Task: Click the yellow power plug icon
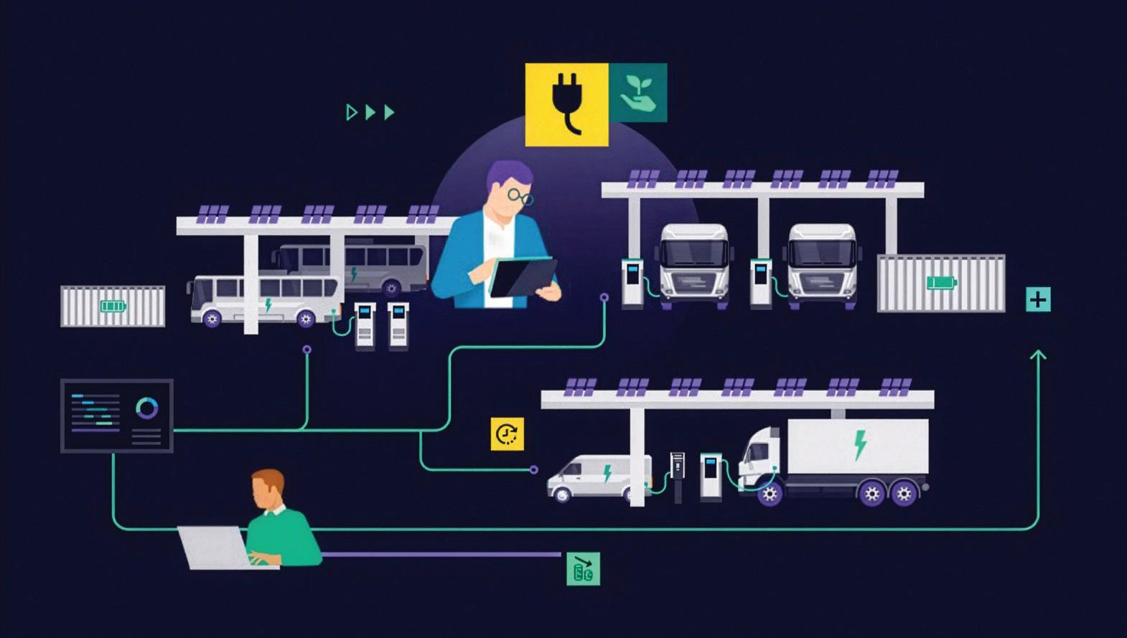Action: tap(566, 105)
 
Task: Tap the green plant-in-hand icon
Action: tap(638, 93)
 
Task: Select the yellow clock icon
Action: tap(507, 434)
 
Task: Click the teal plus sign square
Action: tap(1038, 299)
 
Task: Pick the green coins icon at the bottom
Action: tap(583, 568)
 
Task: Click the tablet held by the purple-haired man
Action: tap(523, 277)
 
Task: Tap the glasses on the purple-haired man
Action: tap(520, 195)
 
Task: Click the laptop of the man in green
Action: tap(214, 547)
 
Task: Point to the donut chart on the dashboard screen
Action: tap(147, 408)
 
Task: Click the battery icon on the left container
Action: tap(113, 306)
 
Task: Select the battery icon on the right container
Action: tap(941, 282)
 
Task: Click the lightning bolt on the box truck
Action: tap(860, 444)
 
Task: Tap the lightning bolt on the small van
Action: tap(607, 474)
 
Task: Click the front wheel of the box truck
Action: tap(770, 493)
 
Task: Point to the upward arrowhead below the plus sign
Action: tap(1038, 355)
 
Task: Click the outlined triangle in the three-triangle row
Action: tap(351, 112)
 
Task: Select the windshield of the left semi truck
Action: tap(694, 252)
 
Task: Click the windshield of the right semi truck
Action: tap(822, 252)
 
